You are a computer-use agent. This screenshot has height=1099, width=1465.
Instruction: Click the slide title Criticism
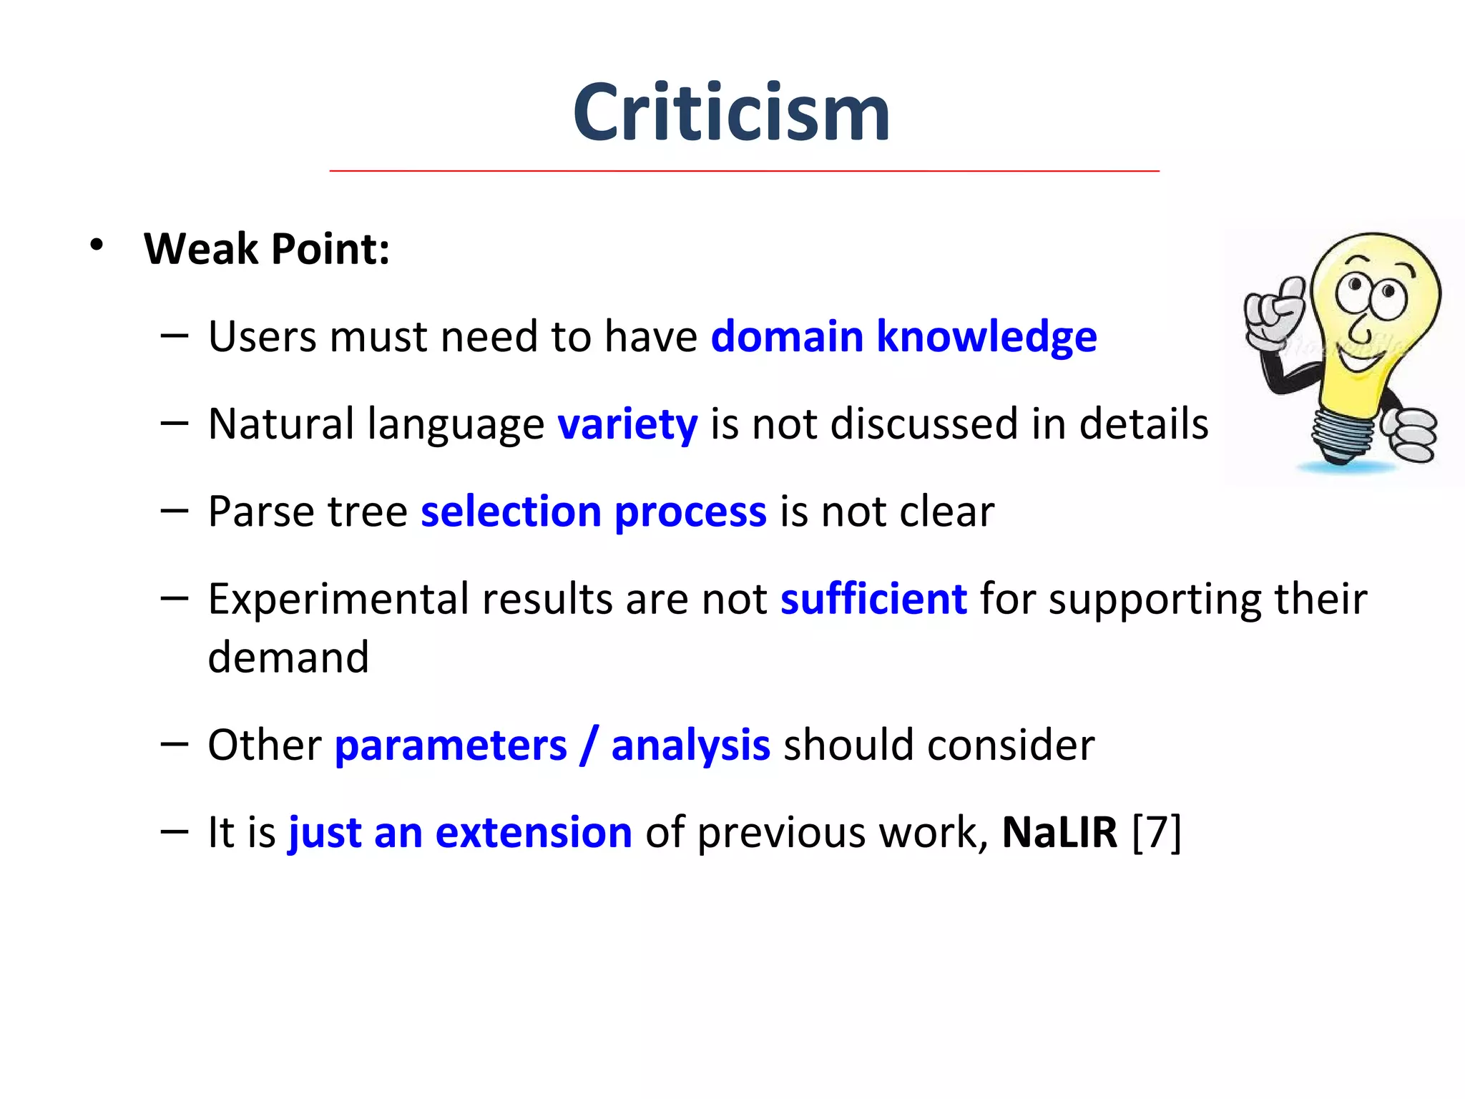pyautogui.click(x=731, y=113)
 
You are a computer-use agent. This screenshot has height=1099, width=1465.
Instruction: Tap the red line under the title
pyautogui.click(x=744, y=171)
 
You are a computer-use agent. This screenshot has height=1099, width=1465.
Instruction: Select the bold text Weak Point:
pyautogui.click(x=267, y=249)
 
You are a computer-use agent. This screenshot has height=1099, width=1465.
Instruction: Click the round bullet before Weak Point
pyautogui.click(x=97, y=245)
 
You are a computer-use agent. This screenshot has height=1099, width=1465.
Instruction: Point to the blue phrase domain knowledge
pyautogui.click(x=903, y=336)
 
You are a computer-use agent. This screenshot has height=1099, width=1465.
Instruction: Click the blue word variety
pyautogui.click(x=627, y=424)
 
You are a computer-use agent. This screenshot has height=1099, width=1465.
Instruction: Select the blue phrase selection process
pyautogui.click(x=593, y=512)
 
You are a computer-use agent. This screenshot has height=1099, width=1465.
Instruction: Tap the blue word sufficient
pyautogui.click(x=873, y=599)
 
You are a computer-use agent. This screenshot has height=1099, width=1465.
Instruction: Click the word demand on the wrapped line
pyautogui.click(x=288, y=658)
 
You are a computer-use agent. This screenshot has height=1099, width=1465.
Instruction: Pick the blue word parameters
pyautogui.click(x=451, y=746)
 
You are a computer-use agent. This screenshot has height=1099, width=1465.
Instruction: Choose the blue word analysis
pyautogui.click(x=690, y=746)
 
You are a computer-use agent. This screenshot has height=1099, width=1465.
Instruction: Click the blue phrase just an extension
pyautogui.click(x=460, y=833)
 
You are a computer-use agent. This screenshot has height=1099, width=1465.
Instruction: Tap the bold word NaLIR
pyautogui.click(x=1059, y=833)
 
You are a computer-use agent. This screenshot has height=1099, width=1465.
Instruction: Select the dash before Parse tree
pyautogui.click(x=175, y=511)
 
